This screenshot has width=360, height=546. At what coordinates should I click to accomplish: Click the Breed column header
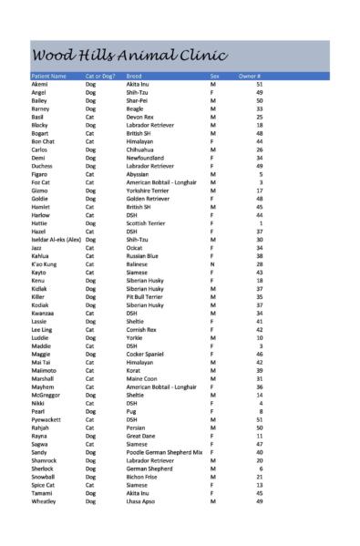pyautogui.click(x=134, y=76)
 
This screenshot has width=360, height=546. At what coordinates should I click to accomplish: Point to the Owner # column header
pyautogui.click(x=250, y=76)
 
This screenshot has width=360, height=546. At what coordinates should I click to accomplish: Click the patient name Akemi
pyautogui.click(x=40, y=83)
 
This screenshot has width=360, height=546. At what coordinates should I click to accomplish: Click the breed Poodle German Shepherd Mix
pyautogui.click(x=164, y=451)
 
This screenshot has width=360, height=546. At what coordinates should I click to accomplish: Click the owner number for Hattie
pyautogui.click(x=261, y=222)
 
